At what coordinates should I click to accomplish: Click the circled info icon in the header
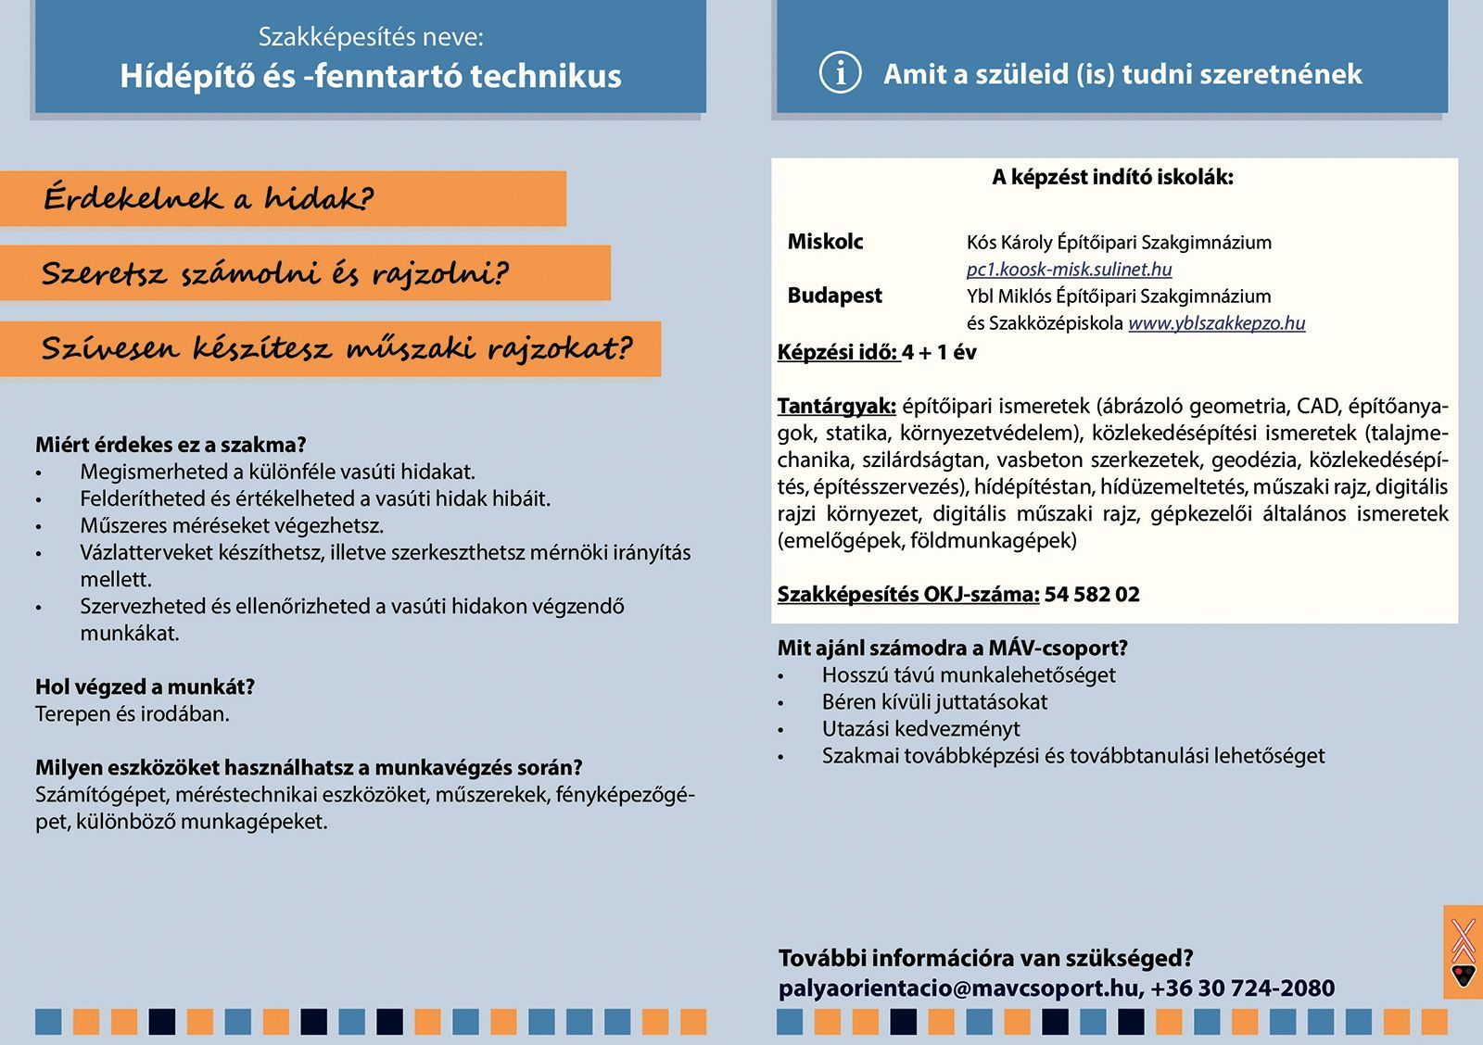click(841, 72)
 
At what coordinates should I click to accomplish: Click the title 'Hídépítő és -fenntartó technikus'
click(371, 76)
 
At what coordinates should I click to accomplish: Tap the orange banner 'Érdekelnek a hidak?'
click(283, 198)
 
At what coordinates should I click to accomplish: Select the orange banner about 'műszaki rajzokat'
click(330, 349)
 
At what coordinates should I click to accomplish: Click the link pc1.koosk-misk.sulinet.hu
click(1069, 270)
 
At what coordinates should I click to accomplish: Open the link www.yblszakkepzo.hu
click(1216, 323)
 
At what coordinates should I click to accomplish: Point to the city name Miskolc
click(825, 242)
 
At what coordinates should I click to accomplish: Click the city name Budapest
click(834, 296)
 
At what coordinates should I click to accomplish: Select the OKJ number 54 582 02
click(1092, 595)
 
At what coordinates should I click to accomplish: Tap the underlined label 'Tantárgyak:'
click(836, 406)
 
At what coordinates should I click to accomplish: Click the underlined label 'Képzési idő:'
click(838, 352)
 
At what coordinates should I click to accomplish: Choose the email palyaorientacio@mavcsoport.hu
click(959, 988)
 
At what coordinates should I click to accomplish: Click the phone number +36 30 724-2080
click(1243, 988)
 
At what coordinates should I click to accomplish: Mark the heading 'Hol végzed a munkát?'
click(145, 686)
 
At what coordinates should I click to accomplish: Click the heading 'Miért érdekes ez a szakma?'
click(171, 445)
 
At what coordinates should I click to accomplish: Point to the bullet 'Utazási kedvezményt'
click(920, 729)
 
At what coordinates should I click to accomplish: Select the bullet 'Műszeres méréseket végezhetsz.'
click(232, 525)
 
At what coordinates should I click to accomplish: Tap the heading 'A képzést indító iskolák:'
click(1112, 178)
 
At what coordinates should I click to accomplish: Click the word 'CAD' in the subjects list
click(1317, 406)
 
